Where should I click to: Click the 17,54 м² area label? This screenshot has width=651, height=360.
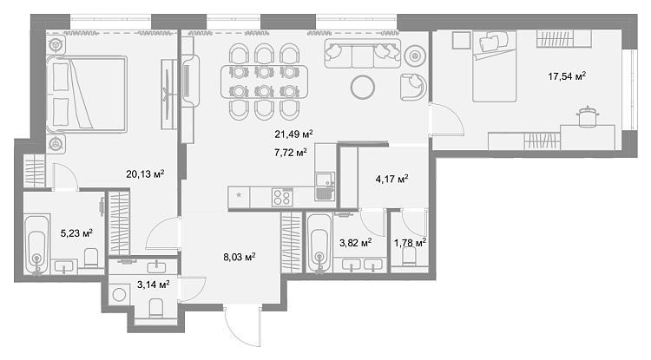tap(567, 75)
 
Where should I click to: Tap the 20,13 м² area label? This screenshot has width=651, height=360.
tap(145, 173)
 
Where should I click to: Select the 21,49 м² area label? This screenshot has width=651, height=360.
tap(293, 134)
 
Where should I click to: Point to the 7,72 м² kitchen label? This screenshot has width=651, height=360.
tap(290, 153)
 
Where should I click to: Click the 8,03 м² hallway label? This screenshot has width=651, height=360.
tap(240, 258)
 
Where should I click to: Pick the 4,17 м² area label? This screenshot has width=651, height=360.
tap(391, 180)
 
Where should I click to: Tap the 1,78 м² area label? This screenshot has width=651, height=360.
tap(410, 243)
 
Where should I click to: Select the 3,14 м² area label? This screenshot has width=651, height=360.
tap(153, 285)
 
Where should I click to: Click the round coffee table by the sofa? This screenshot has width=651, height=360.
tap(363, 87)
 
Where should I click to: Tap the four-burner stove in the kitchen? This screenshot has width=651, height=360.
tap(283, 197)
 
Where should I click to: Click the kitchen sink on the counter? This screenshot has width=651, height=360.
tap(325, 187)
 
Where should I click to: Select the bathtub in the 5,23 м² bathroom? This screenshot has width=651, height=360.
tap(37, 244)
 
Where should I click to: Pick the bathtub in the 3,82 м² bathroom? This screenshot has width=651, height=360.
tap(319, 243)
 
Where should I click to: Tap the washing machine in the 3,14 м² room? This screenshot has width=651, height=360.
tap(120, 294)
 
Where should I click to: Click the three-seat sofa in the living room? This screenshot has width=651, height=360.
tap(363, 54)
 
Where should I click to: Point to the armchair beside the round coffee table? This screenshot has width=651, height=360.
tap(413, 87)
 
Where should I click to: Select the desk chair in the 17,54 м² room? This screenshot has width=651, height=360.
tap(587, 116)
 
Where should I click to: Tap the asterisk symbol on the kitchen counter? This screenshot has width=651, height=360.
tap(239, 195)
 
